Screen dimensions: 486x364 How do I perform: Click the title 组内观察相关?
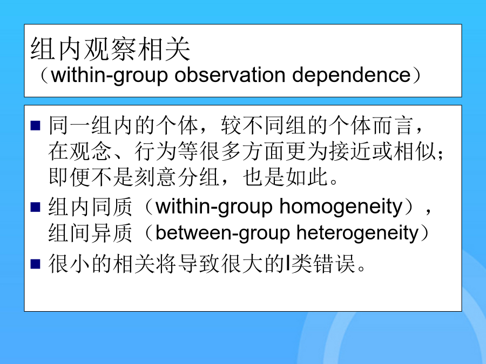(x=110, y=49)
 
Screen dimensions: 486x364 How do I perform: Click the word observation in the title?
(x=230, y=75)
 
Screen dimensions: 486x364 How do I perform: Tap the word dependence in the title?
(x=352, y=75)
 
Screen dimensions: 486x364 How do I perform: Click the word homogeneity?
(x=341, y=207)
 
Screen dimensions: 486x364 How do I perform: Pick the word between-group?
(x=222, y=233)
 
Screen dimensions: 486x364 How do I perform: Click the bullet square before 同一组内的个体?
(x=36, y=125)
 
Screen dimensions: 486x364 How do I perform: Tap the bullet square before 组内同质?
(x=36, y=207)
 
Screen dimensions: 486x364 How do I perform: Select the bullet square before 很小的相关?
(x=36, y=264)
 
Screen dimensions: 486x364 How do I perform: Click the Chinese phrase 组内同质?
(x=91, y=207)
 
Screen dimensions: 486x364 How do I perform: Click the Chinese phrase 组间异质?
(x=91, y=233)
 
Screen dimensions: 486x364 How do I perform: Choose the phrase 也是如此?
(x=286, y=177)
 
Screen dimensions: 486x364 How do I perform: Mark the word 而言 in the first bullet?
(x=394, y=126)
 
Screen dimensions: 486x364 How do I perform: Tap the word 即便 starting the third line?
(x=70, y=177)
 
